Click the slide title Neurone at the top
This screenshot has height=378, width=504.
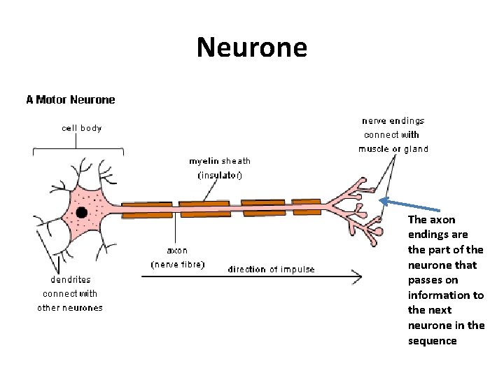251,48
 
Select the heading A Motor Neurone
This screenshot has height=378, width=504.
71,99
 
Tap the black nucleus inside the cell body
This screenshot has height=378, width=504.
82,212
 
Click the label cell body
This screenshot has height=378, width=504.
81,128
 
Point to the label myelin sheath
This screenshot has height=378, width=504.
219,161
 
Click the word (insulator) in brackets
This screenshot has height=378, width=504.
220,175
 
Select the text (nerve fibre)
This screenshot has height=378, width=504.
177,265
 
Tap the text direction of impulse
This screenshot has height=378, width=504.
271,269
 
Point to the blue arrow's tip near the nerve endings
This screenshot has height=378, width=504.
381,201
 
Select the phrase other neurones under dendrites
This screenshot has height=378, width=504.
70,307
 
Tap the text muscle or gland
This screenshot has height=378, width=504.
393,148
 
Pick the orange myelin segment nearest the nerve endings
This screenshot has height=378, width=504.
307,206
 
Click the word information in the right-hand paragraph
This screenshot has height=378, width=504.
446,295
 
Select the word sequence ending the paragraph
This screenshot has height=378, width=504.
432,341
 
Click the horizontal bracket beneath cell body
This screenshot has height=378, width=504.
78,148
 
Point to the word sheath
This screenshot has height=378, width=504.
236,161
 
